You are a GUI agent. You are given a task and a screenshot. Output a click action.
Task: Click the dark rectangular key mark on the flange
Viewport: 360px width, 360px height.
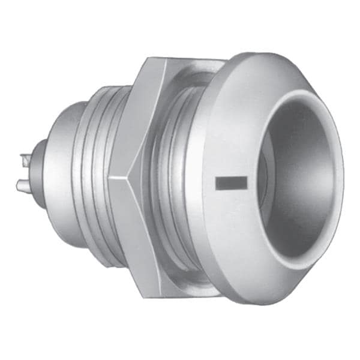[231, 183]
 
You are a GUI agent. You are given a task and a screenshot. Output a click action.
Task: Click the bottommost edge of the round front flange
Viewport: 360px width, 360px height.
[264, 304]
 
